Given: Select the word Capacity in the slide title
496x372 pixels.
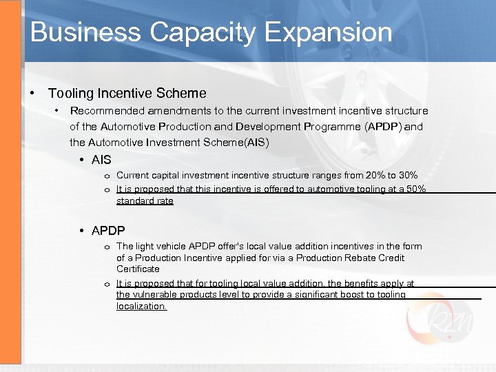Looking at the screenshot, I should click(194, 32).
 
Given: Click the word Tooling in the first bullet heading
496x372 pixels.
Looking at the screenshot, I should click(68, 92).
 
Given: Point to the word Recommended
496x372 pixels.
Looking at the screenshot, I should click(109, 110).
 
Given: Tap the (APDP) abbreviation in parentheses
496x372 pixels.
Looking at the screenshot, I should click(384, 127).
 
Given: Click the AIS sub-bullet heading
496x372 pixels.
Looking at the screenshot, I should click(101, 160).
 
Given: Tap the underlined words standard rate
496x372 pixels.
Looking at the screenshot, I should click(145, 201).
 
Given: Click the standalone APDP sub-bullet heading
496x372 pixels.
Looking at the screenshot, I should click(108, 231).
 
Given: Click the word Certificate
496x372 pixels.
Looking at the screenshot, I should click(138, 269).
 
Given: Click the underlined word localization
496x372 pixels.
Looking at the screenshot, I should click(141, 307).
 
